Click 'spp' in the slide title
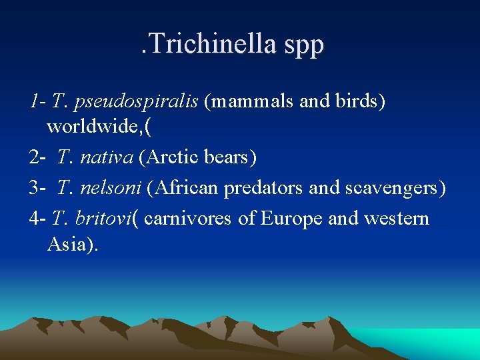303,45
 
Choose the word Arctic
175,157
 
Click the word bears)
232,157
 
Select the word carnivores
189,218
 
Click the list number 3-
37,188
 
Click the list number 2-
37,157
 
